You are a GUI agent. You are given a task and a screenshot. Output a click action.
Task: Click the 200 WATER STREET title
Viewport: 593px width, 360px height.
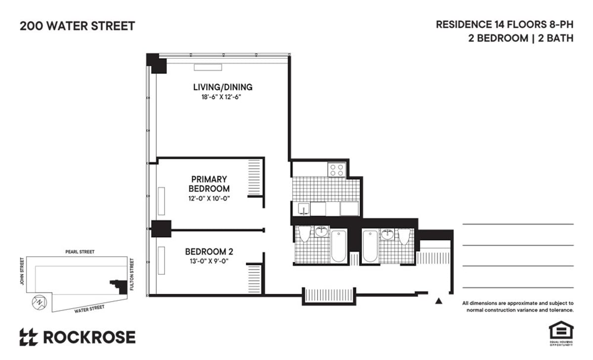click(77, 26)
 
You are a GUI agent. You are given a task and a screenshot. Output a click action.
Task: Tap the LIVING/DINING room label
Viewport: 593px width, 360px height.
click(222, 87)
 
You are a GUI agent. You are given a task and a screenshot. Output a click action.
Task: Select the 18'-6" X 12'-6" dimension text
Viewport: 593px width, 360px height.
click(222, 97)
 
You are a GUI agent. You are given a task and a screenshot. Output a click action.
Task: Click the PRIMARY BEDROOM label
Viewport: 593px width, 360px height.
click(209, 183)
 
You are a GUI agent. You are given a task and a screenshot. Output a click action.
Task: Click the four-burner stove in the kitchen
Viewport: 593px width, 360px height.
click(337, 170)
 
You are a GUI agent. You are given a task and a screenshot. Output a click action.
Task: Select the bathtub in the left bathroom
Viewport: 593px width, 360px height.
click(339, 246)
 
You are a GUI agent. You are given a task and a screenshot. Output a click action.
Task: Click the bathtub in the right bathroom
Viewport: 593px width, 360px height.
click(370, 246)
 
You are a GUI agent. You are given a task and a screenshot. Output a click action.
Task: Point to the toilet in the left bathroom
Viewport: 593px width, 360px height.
click(304, 234)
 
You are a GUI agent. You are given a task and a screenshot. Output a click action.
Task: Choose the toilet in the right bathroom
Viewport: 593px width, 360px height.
click(404, 235)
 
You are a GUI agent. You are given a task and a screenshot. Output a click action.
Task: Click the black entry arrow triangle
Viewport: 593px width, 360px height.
click(438, 300)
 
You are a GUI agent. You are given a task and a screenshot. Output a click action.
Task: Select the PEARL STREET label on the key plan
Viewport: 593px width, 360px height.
click(80, 252)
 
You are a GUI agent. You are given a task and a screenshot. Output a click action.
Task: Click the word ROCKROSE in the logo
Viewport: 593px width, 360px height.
click(89, 337)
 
